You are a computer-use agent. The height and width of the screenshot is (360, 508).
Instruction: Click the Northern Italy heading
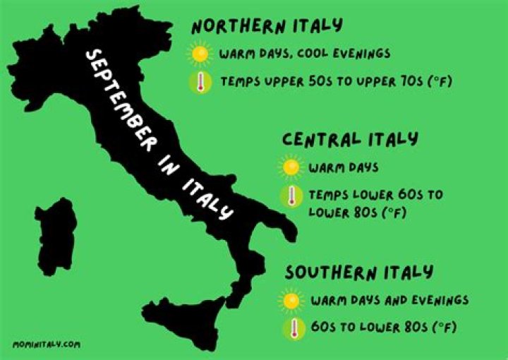pyautogui.click(x=267, y=26)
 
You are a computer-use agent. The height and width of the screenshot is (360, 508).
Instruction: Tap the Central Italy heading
pyautogui.click(x=350, y=139)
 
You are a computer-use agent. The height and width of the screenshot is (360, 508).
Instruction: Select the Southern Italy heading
pyautogui.click(x=359, y=272)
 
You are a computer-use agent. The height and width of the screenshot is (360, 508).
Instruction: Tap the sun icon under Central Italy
pyautogui.click(x=291, y=168)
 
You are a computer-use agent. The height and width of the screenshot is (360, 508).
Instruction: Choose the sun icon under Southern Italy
pyautogui.click(x=292, y=300)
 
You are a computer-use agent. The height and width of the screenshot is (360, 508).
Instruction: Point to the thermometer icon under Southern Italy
pyautogui.click(x=292, y=328)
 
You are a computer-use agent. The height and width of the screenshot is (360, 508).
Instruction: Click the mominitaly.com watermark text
pyautogui.click(x=47, y=344)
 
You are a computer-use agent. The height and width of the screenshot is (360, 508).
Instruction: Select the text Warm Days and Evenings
pyautogui.click(x=389, y=300)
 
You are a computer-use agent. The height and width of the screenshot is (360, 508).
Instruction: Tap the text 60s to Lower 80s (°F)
pyautogui.click(x=383, y=328)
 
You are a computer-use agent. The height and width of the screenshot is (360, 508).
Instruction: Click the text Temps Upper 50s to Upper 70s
pyautogui.click(x=335, y=82)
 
